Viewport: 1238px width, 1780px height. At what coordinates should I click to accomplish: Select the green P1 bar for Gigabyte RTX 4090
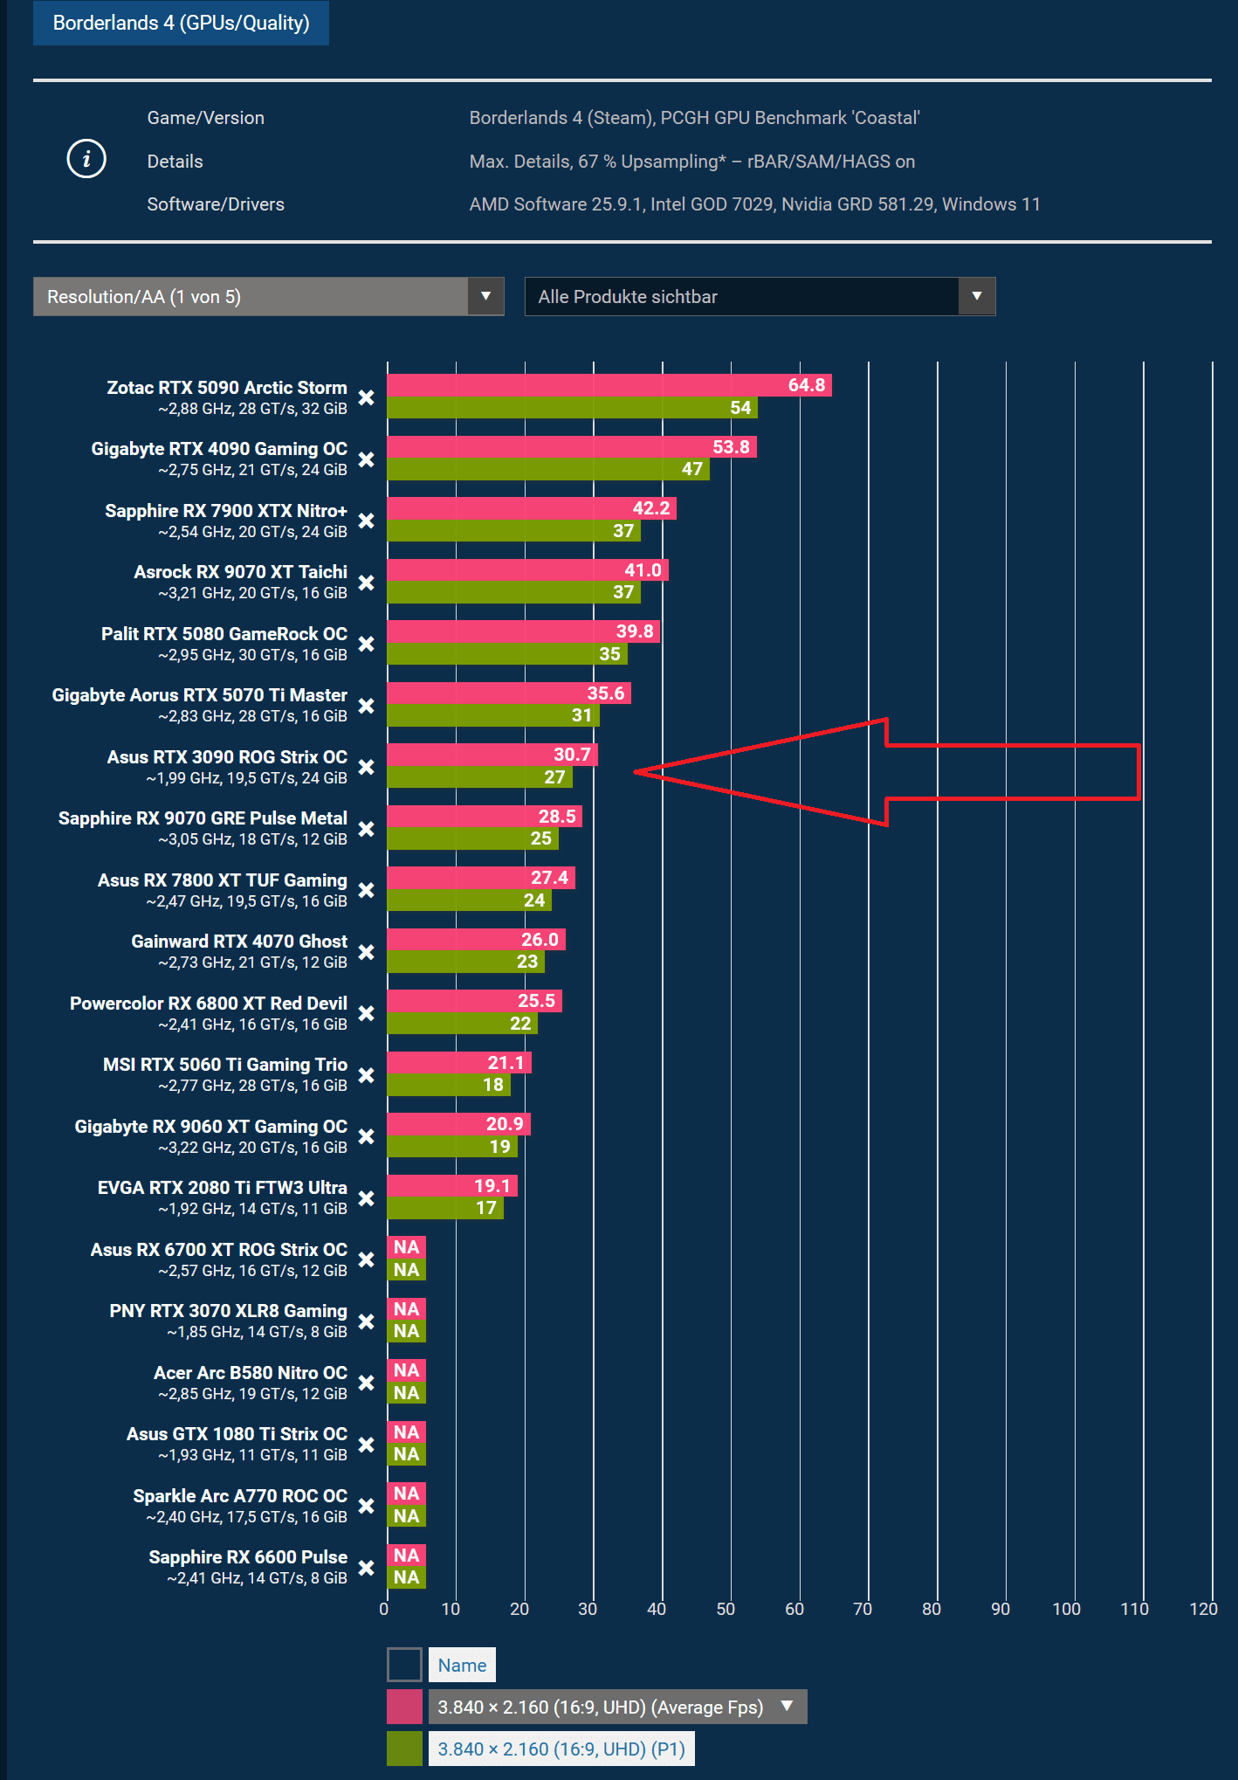click(x=547, y=469)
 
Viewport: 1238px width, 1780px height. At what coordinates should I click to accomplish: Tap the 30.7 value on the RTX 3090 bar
click(x=572, y=755)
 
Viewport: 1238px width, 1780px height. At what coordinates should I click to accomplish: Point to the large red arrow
click(x=960, y=772)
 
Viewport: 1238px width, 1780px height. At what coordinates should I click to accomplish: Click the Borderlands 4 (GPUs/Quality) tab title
click(x=181, y=23)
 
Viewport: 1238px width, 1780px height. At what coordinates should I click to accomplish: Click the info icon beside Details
click(x=86, y=159)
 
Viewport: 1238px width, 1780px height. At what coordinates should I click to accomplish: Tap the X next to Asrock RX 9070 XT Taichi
click(x=367, y=583)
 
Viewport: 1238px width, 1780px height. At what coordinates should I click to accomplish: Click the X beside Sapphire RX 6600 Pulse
click(x=367, y=1568)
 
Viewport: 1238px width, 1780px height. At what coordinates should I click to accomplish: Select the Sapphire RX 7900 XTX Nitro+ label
click(x=226, y=511)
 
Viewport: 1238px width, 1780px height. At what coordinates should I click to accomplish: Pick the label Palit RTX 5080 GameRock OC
click(x=224, y=634)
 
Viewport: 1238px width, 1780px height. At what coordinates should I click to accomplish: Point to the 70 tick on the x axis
click(x=863, y=1609)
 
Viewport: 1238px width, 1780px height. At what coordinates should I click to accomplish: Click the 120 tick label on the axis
click(x=1203, y=1609)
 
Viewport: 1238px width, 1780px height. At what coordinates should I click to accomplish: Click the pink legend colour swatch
click(x=404, y=1707)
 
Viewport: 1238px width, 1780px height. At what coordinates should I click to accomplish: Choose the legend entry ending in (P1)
click(x=561, y=1749)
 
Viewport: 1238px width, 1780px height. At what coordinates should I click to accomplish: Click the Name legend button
click(x=462, y=1665)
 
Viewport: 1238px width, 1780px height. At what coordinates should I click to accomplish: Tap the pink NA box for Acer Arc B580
click(x=406, y=1370)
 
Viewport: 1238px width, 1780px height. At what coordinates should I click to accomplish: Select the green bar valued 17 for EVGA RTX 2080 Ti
click(x=445, y=1208)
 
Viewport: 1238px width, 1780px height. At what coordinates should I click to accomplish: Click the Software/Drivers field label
click(x=216, y=204)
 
